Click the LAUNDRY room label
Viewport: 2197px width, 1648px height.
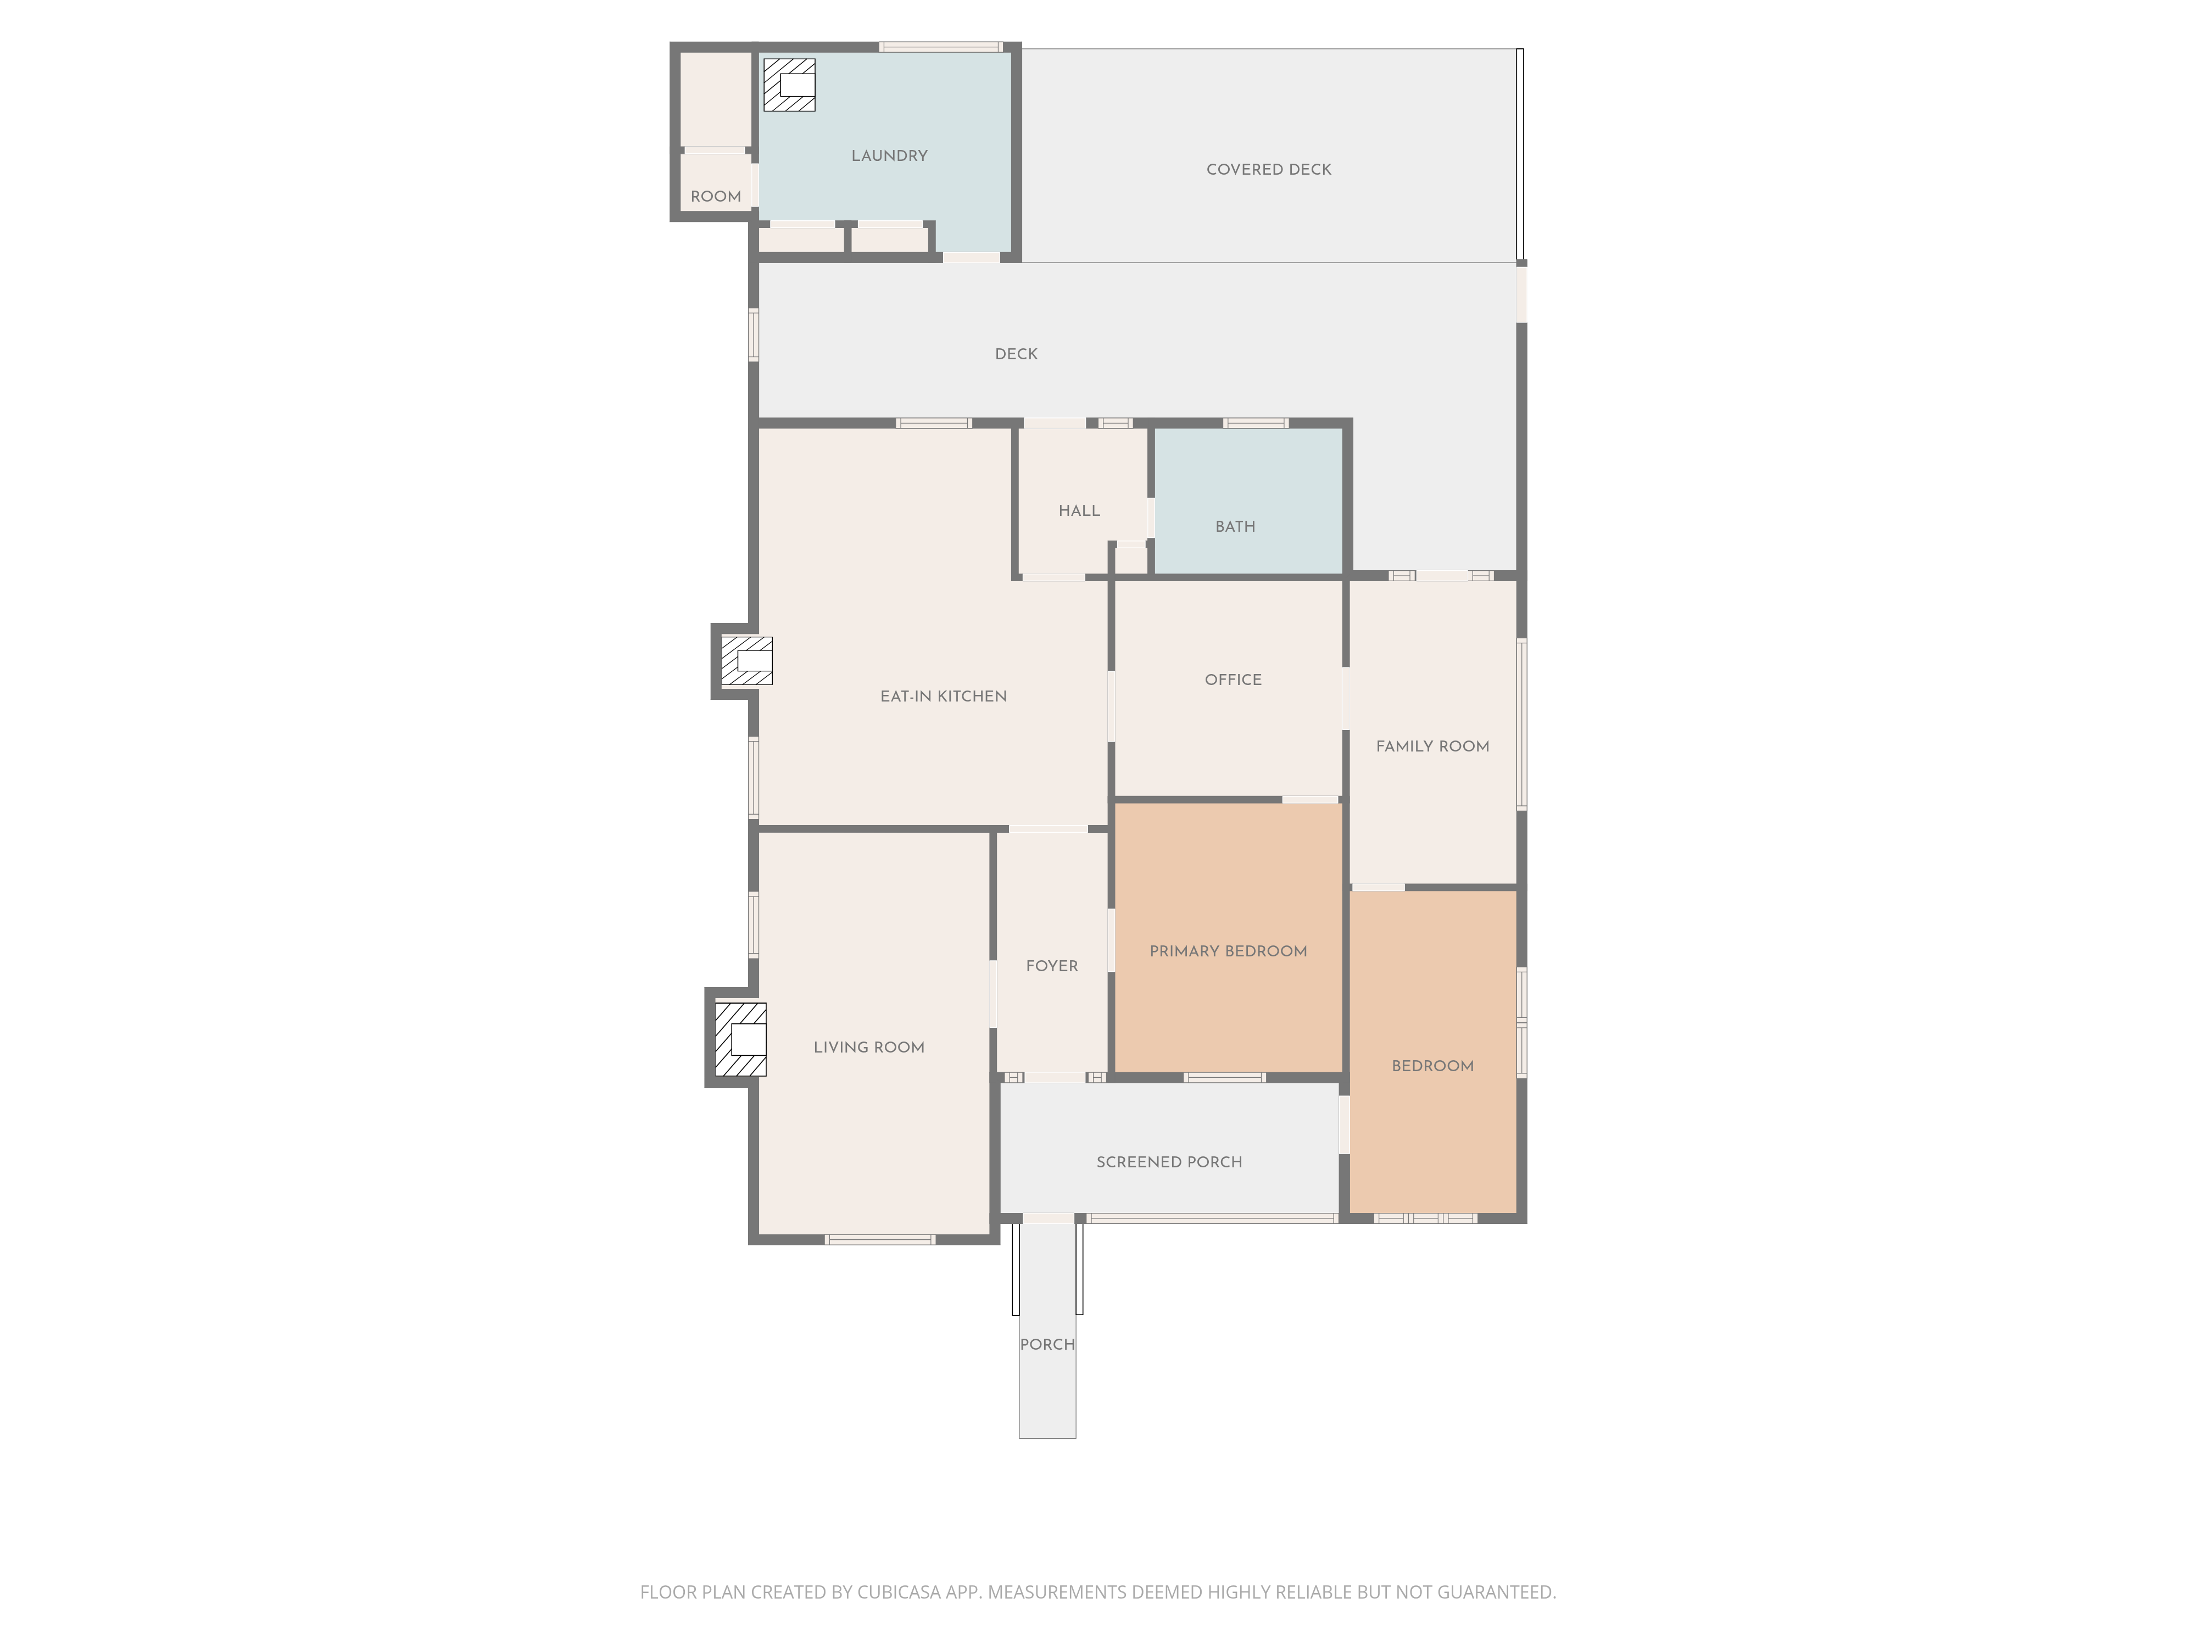(x=889, y=156)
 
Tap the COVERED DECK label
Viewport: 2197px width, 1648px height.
(x=1268, y=170)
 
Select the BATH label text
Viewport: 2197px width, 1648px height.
(x=1235, y=526)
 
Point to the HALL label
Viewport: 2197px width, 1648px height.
(x=1079, y=510)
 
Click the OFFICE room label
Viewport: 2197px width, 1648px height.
(x=1233, y=680)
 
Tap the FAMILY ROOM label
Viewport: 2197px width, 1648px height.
(x=1432, y=746)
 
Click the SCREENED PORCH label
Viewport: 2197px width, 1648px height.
(x=1169, y=1162)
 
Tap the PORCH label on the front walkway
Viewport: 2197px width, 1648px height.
(x=1047, y=1344)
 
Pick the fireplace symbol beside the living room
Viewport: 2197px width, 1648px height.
(x=741, y=1039)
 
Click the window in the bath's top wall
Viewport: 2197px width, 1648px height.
(x=1256, y=423)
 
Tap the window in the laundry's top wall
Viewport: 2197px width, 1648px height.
(x=940, y=47)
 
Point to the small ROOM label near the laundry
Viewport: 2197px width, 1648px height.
(x=715, y=197)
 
